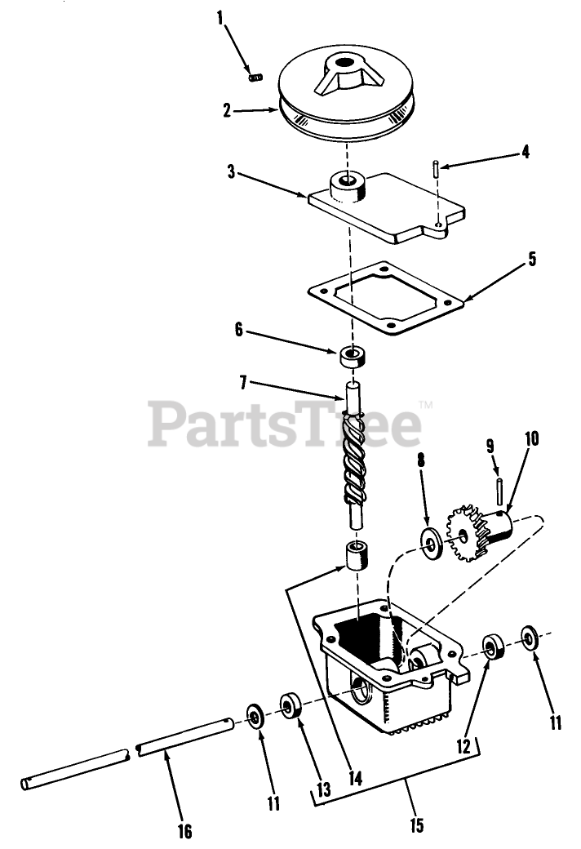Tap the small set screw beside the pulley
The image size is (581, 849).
[255, 77]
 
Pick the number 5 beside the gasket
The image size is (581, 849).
[531, 260]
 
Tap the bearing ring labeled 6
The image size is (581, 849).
[353, 356]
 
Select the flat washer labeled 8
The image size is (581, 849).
[430, 543]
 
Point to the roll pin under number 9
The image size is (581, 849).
[497, 493]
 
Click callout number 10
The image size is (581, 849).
[531, 438]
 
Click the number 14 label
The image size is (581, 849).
[353, 777]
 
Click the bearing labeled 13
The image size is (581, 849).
[291, 705]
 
